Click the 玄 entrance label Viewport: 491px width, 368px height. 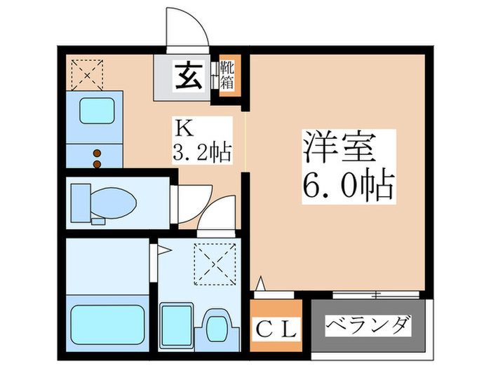pyautogui.click(x=188, y=76)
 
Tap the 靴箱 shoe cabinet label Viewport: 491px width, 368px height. pyautogui.click(x=227, y=75)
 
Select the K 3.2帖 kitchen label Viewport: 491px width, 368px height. pyautogui.click(x=202, y=140)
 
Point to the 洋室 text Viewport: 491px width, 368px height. pyautogui.click(x=339, y=147)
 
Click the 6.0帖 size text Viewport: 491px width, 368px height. pyautogui.click(x=348, y=185)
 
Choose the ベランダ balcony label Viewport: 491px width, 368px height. pyautogui.click(x=368, y=325)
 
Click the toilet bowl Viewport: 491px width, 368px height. pyautogui.click(x=113, y=203)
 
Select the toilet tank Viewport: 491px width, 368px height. pyautogui.click(x=81, y=203)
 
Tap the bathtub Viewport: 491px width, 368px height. pyautogui.click(x=108, y=325)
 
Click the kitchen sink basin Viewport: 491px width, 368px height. pyautogui.click(x=97, y=111)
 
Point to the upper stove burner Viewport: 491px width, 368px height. pyautogui.click(x=97, y=154)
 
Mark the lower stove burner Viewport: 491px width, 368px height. pyautogui.click(x=97, y=164)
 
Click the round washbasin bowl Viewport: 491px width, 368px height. pyautogui.click(x=217, y=328)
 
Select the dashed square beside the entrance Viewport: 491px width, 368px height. pyautogui.click(x=87, y=75)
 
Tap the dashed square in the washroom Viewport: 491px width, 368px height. pyautogui.click(x=215, y=264)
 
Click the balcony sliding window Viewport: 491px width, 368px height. pyautogui.click(x=376, y=294)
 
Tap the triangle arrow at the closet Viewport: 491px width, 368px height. pyautogui.click(x=260, y=283)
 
